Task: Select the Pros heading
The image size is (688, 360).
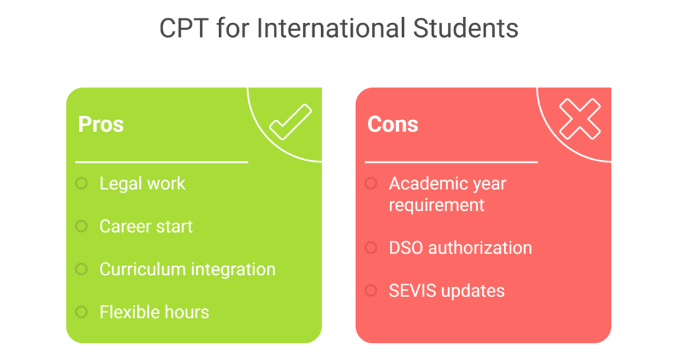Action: [101, 124]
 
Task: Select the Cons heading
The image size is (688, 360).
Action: [392, 124]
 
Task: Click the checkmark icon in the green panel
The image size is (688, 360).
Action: [290, 122]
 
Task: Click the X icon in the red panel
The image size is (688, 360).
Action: [580, 119]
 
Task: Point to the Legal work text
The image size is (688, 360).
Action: [142, 184]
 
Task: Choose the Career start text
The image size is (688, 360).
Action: [146, 226]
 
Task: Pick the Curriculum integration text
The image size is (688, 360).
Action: [187, 269]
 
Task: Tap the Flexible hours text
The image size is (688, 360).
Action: [154, 312]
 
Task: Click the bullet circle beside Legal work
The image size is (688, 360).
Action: [82, 184]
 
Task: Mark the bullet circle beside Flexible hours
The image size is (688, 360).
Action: [82, 312]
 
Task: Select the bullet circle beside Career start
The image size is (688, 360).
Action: [82, 226]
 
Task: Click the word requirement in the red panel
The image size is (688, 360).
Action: [436, 205]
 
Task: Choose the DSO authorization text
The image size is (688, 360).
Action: [460, 247]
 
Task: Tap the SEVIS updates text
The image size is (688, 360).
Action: [447, 291]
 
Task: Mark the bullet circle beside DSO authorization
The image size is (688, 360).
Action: [371, 247]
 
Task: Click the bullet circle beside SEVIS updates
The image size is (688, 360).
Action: [371, 291]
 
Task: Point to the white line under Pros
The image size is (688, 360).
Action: [161, 162]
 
